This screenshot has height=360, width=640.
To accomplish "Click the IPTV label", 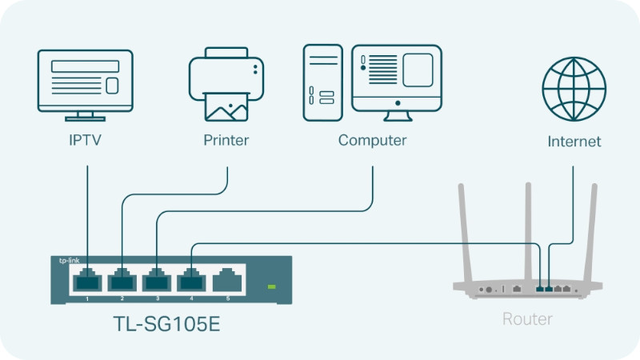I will (x=86, y=142).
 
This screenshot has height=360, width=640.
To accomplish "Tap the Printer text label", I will (x=226, y=141).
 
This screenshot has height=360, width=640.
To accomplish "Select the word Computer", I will (x=372, y=141).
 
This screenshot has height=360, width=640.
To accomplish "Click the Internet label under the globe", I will (x=574, y=142).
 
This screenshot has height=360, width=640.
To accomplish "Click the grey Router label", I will (x=526, y=319).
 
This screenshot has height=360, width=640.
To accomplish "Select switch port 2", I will (x=122, y=280).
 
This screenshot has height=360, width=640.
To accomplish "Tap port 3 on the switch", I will (x=158, y=280).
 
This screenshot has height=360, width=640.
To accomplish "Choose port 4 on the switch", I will (x=193, y=280).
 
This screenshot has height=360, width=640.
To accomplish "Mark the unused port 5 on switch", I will (x=228, y=280).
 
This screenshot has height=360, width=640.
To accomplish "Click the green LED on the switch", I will (x=272, y=286).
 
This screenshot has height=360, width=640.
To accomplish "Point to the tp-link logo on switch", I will (x=69, y=261).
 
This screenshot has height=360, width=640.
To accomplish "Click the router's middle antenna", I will (x=529, y=232).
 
